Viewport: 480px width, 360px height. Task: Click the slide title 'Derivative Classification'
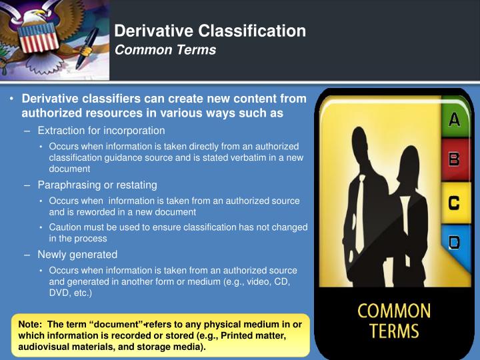pyautogui.click(x=210, y=31)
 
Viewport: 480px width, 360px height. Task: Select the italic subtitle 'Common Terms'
pyautogui.click(x=165, y=50)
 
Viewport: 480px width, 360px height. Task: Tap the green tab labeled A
pyautogui.click(x=454, y=120)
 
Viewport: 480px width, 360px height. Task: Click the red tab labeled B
pyautogui.click(x=454, y=159)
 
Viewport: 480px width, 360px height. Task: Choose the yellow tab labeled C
pyautogui.click(x=454, y=203)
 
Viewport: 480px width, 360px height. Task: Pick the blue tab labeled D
pyautogui.click(x=454, y=242)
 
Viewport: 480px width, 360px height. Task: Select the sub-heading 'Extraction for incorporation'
pyautogui.click(x=101, y=131)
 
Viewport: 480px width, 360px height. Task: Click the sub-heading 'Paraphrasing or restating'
pyautogui.click(x=97, y=185)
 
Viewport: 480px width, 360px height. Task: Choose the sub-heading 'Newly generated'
pyautogui.click(x=77, y=254)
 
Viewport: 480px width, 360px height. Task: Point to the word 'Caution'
pyautogui.click(x=65, y=227)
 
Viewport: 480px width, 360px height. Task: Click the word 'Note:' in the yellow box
pyautogui.click(x=31, y=325)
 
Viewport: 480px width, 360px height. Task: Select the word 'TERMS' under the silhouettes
pyautogui.click(x=395, y=331)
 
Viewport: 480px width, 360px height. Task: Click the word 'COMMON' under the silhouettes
pyautogui.click(x=395, y=311)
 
